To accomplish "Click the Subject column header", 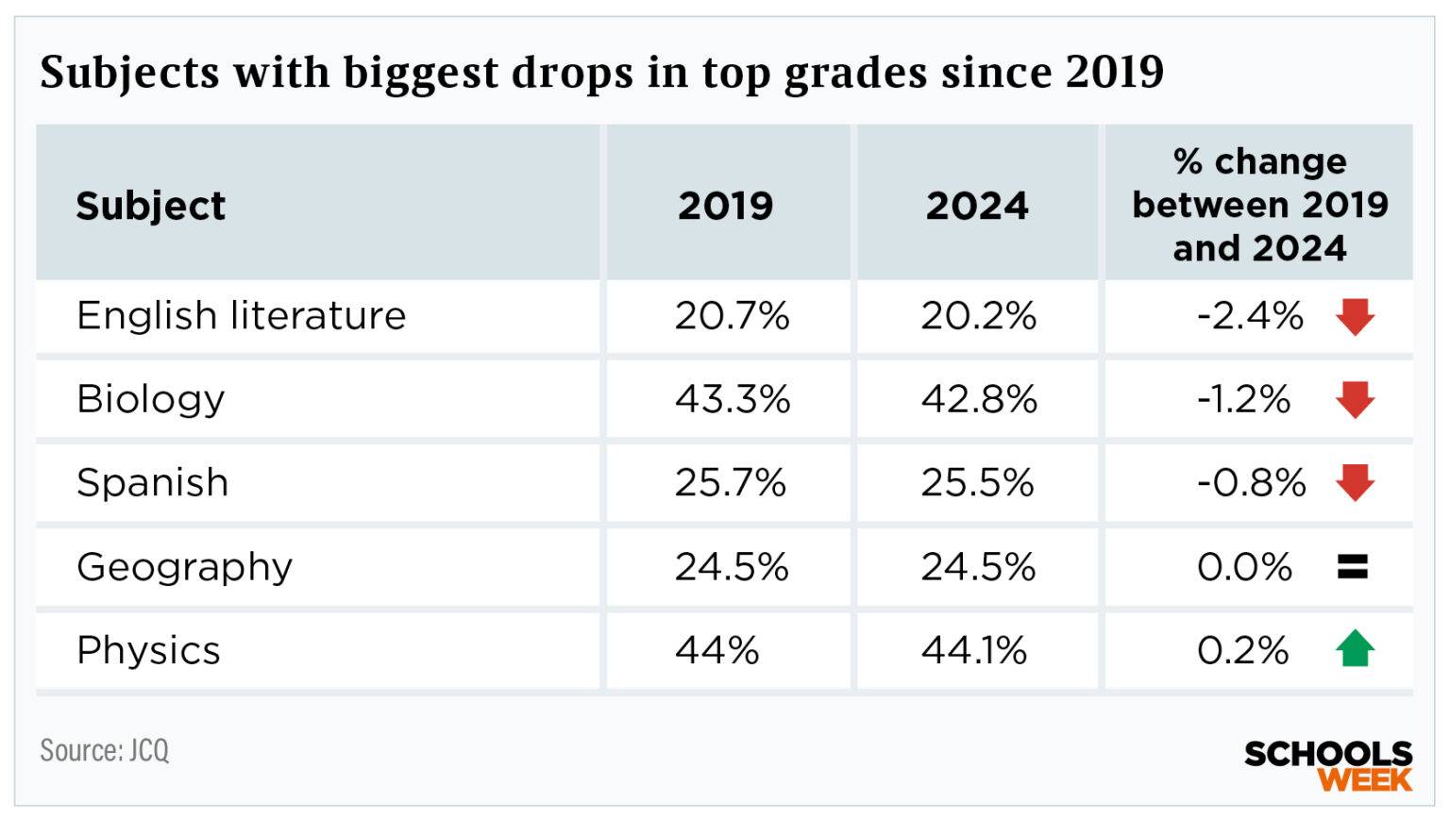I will click(x=151, y=206).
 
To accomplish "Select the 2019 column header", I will click(x=725, y=206).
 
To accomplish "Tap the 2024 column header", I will click(x=977, y=206).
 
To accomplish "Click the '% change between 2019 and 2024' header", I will click(x=1259, y=205).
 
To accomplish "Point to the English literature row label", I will click(x=241, y=315).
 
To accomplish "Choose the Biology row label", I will click(x=151, y=399).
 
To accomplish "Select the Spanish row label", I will click(x=152, y=482).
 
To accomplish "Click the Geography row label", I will click(x=185, y=567).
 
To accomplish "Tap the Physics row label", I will click(x=148, y=650).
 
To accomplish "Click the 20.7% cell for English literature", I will click(x=732, y=315).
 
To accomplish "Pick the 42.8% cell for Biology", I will click(x=979, y=399).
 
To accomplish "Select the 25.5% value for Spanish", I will click(x=977, y=482).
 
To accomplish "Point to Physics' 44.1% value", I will click(x=973, y=650).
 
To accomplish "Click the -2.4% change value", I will click(x=1250, y=315).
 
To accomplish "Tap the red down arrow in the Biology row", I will click(x=1355, y=400).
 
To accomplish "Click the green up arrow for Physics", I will click(x=1355, y=648).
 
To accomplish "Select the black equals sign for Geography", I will click(x=1353, y=566).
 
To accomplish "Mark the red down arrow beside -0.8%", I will click(x=1355, y=483).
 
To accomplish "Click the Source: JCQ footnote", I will click(x=105, y=750).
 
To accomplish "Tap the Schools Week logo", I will click(x=1327, y=765).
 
